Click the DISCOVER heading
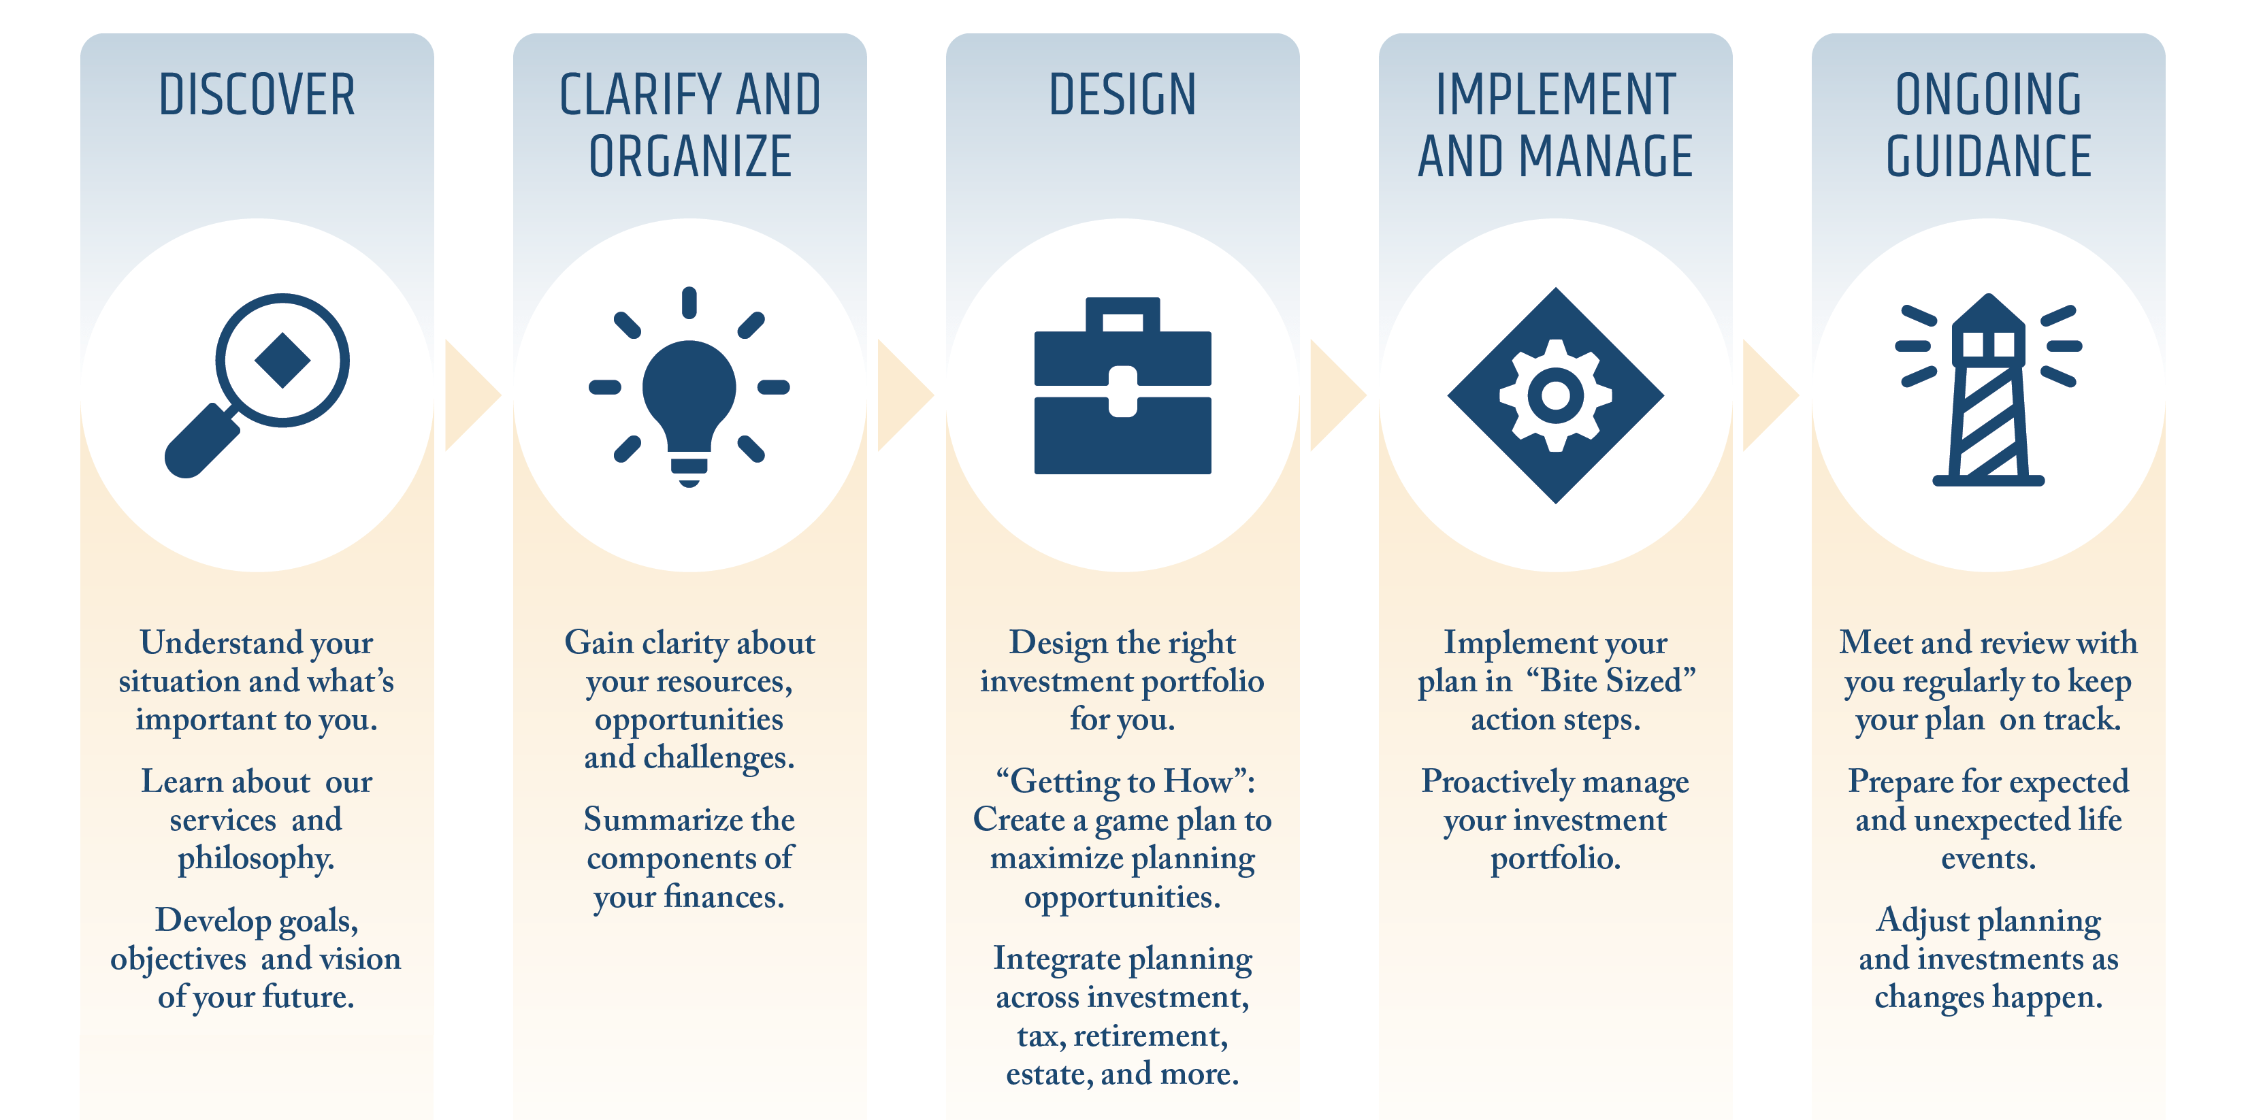pyautogui.click(x=257, y=95)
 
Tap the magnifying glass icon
pyautogui.click(x=257, y=385)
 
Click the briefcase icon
pyautogui.click(x=1122, y=385)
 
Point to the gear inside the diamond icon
pyautogui.click(x=1555, y=395)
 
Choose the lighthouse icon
pyautogui.click(x=1988, y=389)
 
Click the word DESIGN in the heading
pyautogui.click(x=1122, y=95)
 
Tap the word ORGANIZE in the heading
pyautogui.click(x=689, y=157)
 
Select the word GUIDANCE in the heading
pyautogui.click(x=1988, y=157)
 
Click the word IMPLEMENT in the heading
pyautogui.click(x=1555, y=95)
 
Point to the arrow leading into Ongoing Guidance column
pyautogui.click(x=1771, y=395)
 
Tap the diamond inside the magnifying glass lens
pyautogui.click(x=282, y=360)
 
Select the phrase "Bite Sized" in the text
pyautogui.click(x=1611, y=680)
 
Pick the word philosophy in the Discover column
pyautogui.click(x=257, y=859)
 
